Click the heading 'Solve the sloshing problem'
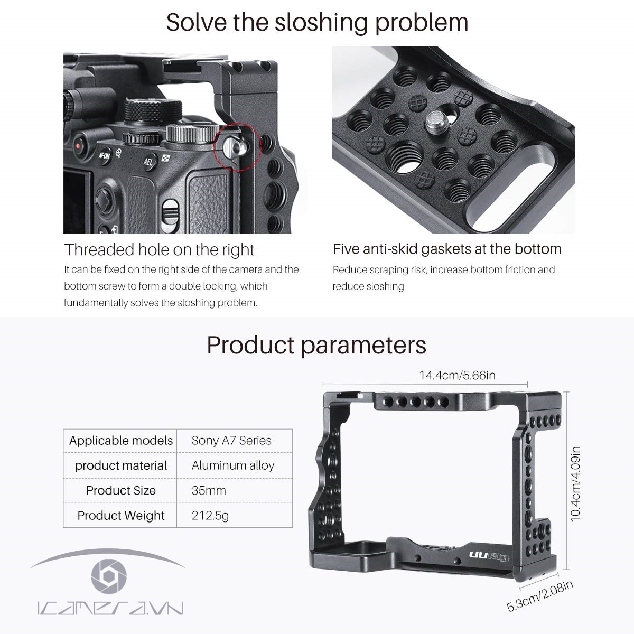317,23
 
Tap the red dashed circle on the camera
237,147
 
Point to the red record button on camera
79,145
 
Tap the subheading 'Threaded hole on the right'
159,249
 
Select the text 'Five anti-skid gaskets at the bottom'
447,249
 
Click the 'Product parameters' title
316,345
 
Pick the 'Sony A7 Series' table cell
231,441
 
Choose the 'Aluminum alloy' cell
233,465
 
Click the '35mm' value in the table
209,490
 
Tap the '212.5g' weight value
210,515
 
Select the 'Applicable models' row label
121,441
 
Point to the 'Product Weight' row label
121,515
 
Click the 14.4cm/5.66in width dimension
457,375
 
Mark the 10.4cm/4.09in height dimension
575,483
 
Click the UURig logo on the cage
489,557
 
